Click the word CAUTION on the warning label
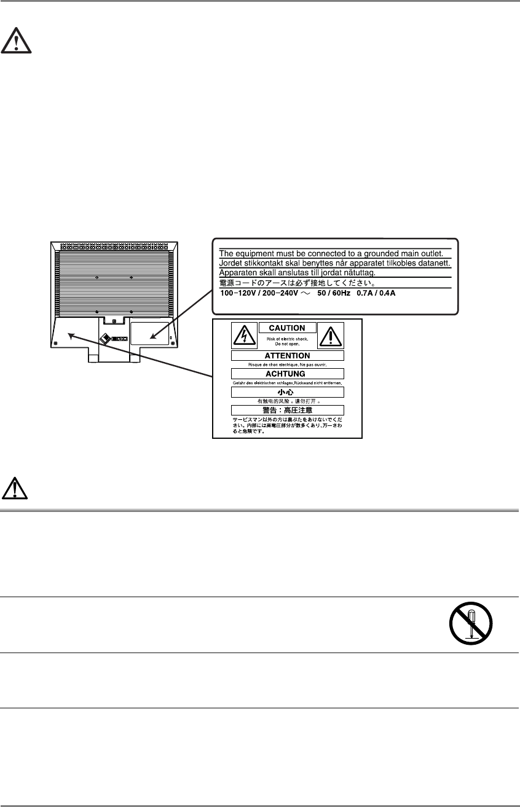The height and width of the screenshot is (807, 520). (287, 328)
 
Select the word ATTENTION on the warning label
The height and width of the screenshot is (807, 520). (287, 355)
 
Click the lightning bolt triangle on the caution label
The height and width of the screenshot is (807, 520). (244, 335)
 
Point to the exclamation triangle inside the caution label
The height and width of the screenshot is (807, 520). (331, 335)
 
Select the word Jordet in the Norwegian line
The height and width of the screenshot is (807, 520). (232, 262)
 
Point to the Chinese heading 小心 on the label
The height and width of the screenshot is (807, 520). (287, 392)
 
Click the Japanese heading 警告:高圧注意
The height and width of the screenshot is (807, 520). (287, 410)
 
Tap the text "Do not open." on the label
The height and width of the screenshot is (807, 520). (287, 344)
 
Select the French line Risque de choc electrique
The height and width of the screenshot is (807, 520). (287, 364)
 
